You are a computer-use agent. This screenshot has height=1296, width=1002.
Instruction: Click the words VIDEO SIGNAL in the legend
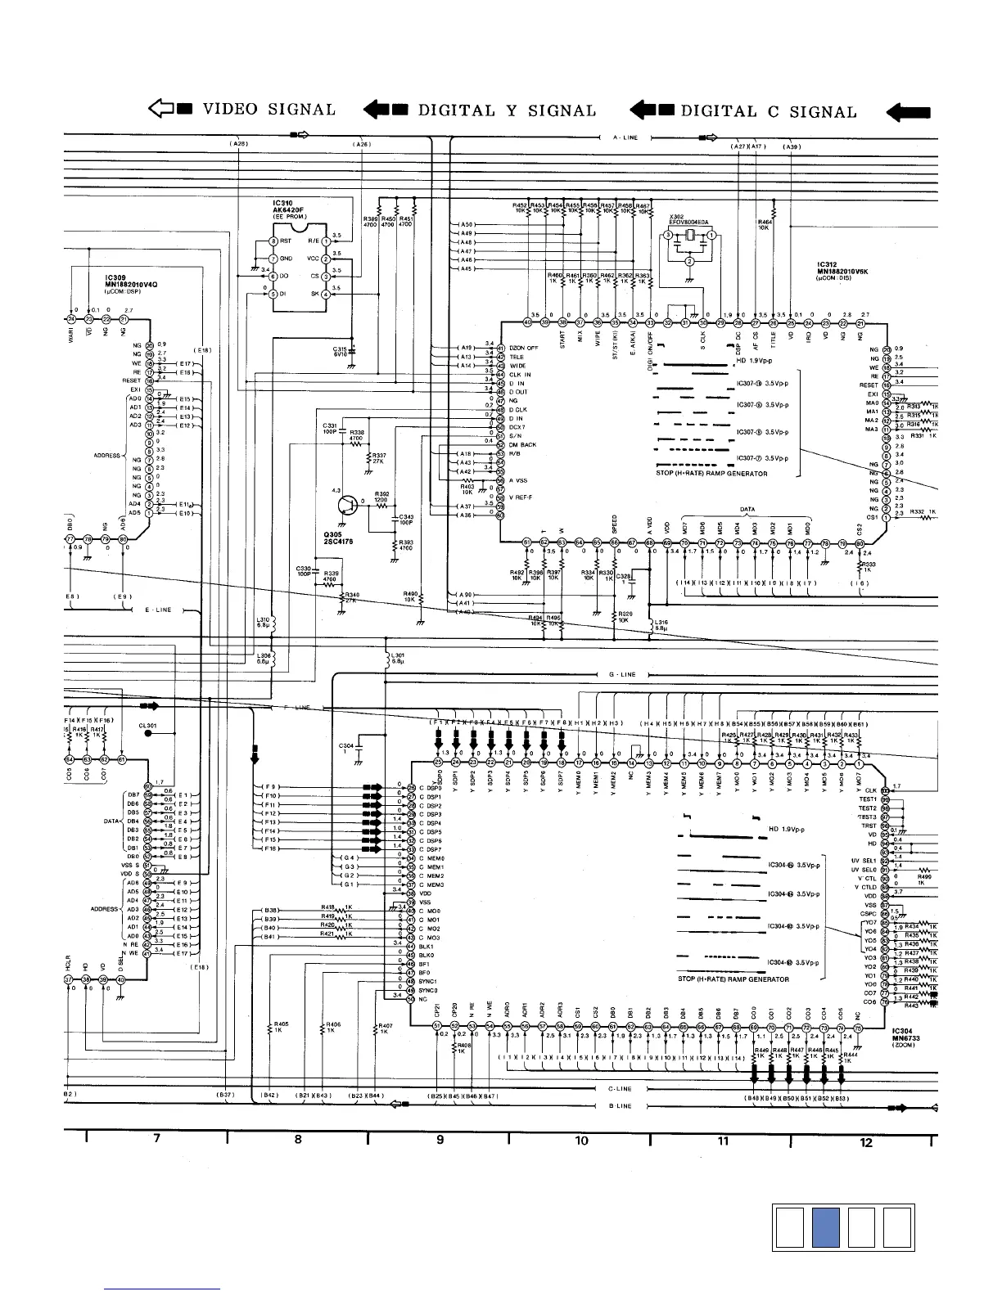point(269,110)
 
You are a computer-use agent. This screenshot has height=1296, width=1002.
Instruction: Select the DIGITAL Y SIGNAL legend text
point(507,110)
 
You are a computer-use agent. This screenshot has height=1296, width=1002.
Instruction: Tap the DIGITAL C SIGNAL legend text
point(769,111)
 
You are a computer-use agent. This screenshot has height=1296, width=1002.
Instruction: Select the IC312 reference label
point(833,265)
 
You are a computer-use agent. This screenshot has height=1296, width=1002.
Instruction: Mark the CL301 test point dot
point(148,734)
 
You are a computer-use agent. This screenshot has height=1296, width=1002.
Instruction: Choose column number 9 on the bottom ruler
point(440,1140)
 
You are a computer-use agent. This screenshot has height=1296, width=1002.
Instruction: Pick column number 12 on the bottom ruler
point(865,1142)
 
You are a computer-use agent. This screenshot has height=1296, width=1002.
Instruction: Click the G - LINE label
point(622,675)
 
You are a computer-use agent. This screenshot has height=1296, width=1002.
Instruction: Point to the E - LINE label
point(159,610)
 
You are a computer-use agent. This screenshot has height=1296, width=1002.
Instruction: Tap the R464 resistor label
point(765,222)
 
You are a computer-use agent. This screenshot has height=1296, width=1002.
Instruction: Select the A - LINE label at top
point(625,137)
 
